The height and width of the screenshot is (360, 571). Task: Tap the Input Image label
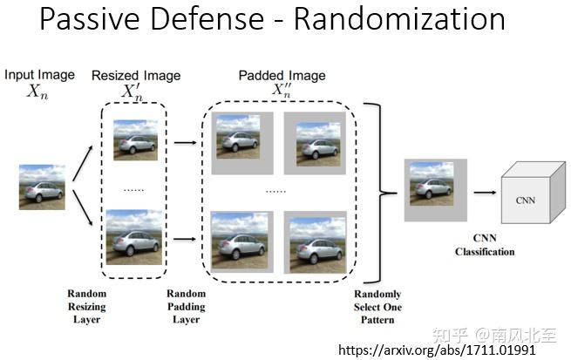click(39, 75)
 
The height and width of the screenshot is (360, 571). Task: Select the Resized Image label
click(135, 75)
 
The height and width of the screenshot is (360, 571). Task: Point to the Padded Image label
click(281, 75)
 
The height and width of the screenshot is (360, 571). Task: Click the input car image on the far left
click(42, 187)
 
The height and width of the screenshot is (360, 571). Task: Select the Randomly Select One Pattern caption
click(375, 307)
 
